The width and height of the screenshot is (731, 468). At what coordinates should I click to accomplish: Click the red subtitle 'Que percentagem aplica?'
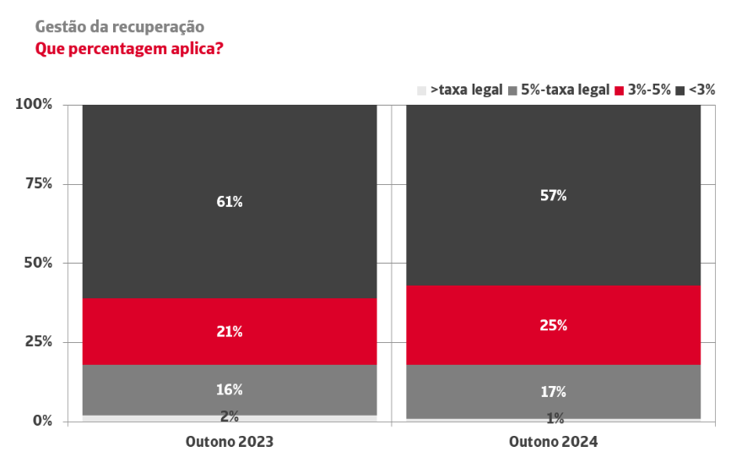(128, 48)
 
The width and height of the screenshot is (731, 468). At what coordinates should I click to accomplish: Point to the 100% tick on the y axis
(35, 104)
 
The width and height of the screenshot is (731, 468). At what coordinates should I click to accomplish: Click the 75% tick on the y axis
(38, 183)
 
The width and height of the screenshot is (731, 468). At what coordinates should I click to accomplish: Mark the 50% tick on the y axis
(38, 263)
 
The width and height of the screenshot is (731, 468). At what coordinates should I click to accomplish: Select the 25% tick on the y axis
(38, 342)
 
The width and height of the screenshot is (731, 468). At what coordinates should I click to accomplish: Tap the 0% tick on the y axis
(41, 421)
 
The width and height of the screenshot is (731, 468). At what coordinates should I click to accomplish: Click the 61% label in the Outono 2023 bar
(230, 202)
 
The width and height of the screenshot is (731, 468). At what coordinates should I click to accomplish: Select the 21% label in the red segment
(230, 332)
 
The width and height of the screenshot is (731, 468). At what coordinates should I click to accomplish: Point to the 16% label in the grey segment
(230, 389)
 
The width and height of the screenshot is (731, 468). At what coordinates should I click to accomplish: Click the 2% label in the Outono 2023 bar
(230, 416)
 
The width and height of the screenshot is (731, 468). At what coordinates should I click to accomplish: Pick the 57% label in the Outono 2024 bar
(554, 195)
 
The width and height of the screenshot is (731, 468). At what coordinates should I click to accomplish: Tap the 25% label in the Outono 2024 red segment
(554, 325)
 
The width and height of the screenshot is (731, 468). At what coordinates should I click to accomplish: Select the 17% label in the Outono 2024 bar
(554, 392)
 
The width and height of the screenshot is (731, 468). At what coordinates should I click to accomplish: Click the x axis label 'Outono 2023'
(230, 442)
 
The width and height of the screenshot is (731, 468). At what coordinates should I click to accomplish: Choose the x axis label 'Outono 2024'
(554, 442)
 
